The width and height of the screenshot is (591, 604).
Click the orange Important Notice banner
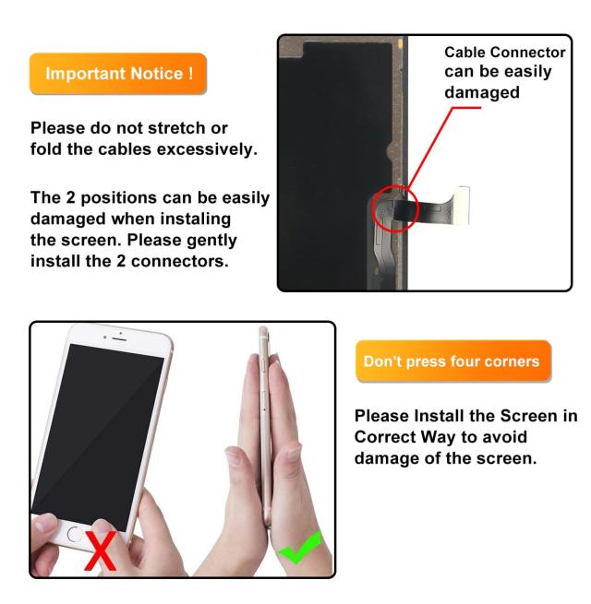(118, 74)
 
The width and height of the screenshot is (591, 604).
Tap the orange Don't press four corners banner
(453, 361)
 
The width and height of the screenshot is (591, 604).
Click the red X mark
(101, 551)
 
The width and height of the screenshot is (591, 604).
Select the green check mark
(300, 548)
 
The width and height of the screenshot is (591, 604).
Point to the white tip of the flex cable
(462, 204)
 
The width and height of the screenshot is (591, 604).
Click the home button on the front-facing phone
(74, 534)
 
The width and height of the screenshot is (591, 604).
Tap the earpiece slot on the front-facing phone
(119, 338)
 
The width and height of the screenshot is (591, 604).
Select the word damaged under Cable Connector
(482, 92)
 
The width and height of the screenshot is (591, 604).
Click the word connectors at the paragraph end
(180, 262)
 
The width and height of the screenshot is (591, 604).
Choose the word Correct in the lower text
(385, 437)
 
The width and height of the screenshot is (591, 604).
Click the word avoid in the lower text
(504, 437)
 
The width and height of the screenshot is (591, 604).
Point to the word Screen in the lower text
(528, 416)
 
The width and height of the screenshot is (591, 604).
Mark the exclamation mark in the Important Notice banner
(191, 73)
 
